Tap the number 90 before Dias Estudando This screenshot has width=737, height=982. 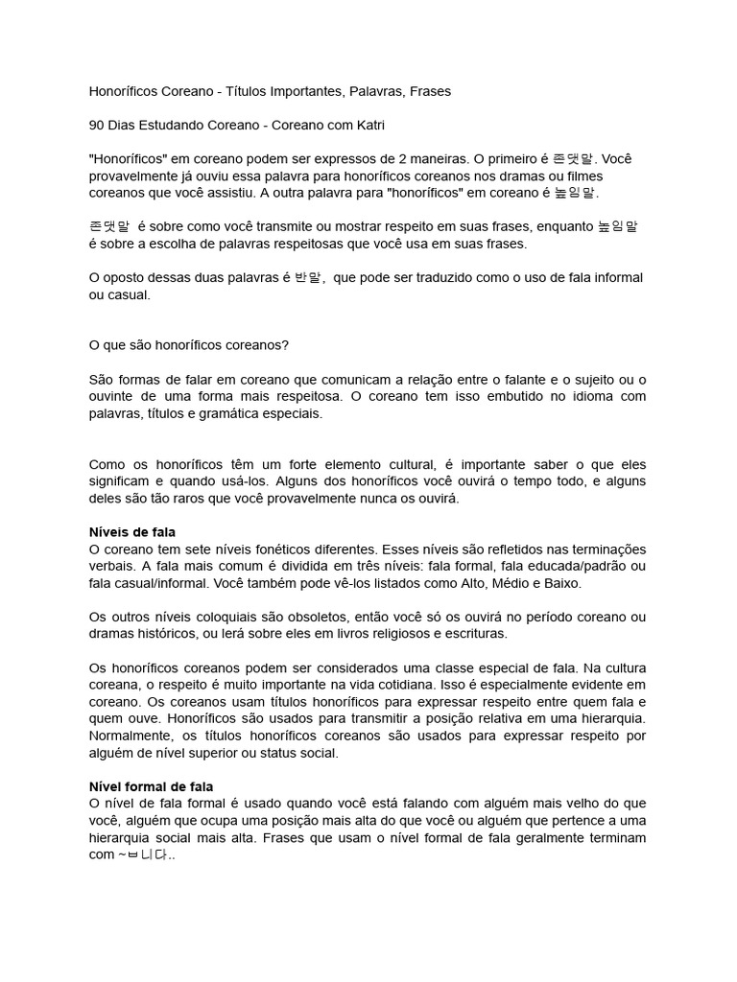97,125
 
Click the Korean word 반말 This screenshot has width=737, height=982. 308,277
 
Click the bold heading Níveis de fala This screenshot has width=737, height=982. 131,531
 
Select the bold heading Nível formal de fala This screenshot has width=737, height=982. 151,786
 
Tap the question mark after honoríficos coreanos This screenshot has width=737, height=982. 300,344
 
